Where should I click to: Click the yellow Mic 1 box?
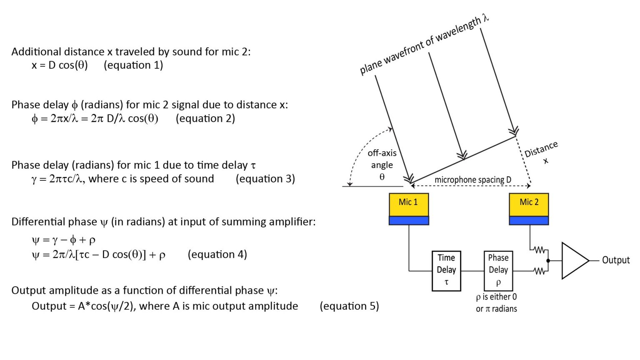pyautogui.click(x=408, y=204)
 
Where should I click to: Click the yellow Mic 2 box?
pyautogui.click(x=529, y=204)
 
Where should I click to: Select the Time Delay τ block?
pyautogui.click(x=446, y=270)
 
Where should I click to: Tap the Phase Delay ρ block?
pyautogui.click(x=498, y=270)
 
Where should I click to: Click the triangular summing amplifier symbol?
pyautogui.click(x=573, y=261)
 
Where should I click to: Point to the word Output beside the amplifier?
pyautogui.click(x=615, y=260)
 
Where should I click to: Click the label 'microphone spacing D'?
pyautogui.click(x=472, y=180)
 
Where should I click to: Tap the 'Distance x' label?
pyautogui.click(x=541, y=152)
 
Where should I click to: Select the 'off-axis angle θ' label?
pyautogui.click(x=382, y=165)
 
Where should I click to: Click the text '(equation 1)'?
pyautogui.click(x=133, y=65)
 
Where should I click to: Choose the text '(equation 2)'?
pyautogui.click(x=205, y=119)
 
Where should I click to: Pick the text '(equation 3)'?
pyautogui.click(x=265, y=179)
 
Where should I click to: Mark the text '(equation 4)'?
pyautogui.click(x=217, y=255)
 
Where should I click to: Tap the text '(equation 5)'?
pyautogui.click(x=349, y=306)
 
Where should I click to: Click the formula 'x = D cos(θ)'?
pyautogui.click(x=60, y=65)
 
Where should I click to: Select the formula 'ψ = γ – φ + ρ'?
pyautogui.click(x=63, y=240)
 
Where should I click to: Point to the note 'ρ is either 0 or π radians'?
pyautogui.click(x=496, y=303)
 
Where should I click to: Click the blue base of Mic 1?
pyautogui.click(x=408, y=220)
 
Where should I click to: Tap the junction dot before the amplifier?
pyautogui.click(x=548, y=261)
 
